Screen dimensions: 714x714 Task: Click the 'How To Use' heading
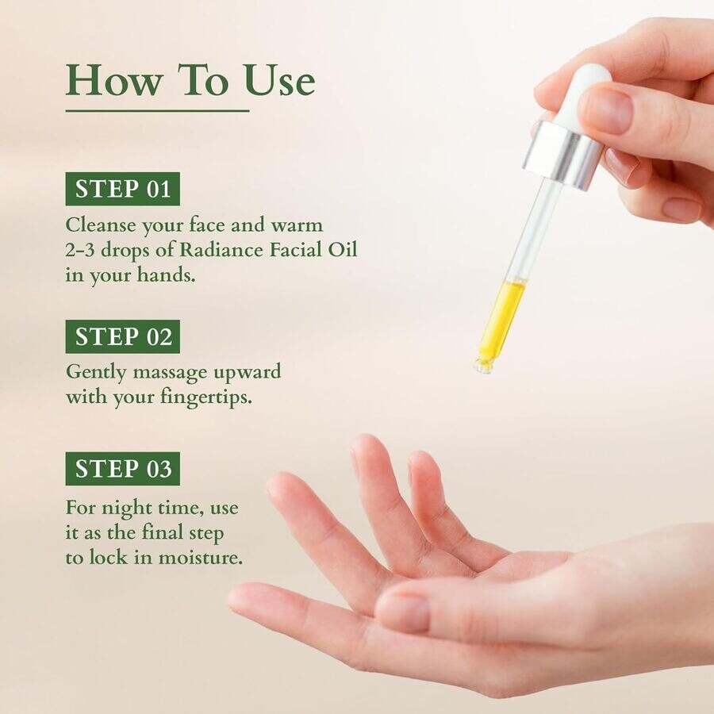[x=190, y=81]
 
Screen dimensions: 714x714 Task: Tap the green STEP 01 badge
[x=123, y=189]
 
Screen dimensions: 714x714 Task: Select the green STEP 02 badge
[x=123, y=336]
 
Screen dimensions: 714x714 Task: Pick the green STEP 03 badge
[x=123, y=469]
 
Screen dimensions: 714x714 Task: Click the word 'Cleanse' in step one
[x=99, y=225]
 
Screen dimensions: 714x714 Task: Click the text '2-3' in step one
[x=82, y=250]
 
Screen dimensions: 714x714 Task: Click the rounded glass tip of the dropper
[x=483, y=364]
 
